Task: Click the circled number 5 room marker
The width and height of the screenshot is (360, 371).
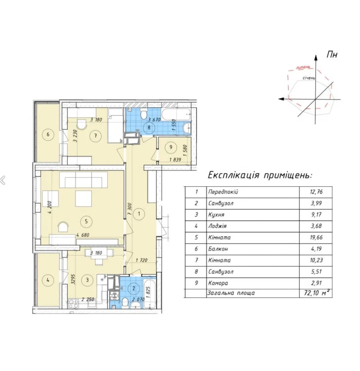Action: click(x=86, y=221)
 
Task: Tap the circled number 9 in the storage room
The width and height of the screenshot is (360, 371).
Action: click(x=171, y=147)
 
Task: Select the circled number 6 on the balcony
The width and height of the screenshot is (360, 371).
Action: click(x=48, y=134)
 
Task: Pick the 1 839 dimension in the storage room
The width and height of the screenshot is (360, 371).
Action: click(x=175, y=160)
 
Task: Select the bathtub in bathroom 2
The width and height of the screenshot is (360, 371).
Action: click(x=150, y=293)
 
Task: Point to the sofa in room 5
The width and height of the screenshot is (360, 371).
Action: click(x=83, y=180)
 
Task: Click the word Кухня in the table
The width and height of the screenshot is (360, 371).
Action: click(x=216, y=215)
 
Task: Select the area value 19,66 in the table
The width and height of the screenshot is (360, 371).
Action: click(x=316, y=237)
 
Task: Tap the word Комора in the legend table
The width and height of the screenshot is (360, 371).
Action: click(x=218, y=283)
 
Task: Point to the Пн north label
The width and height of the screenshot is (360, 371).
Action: click(x=332, y=55)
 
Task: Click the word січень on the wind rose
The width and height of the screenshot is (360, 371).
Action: click(x=309, y=78)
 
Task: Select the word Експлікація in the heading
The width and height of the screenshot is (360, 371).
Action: click(x=233, y=175)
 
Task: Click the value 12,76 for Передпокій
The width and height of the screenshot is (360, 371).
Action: click(x=316, y=192)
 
